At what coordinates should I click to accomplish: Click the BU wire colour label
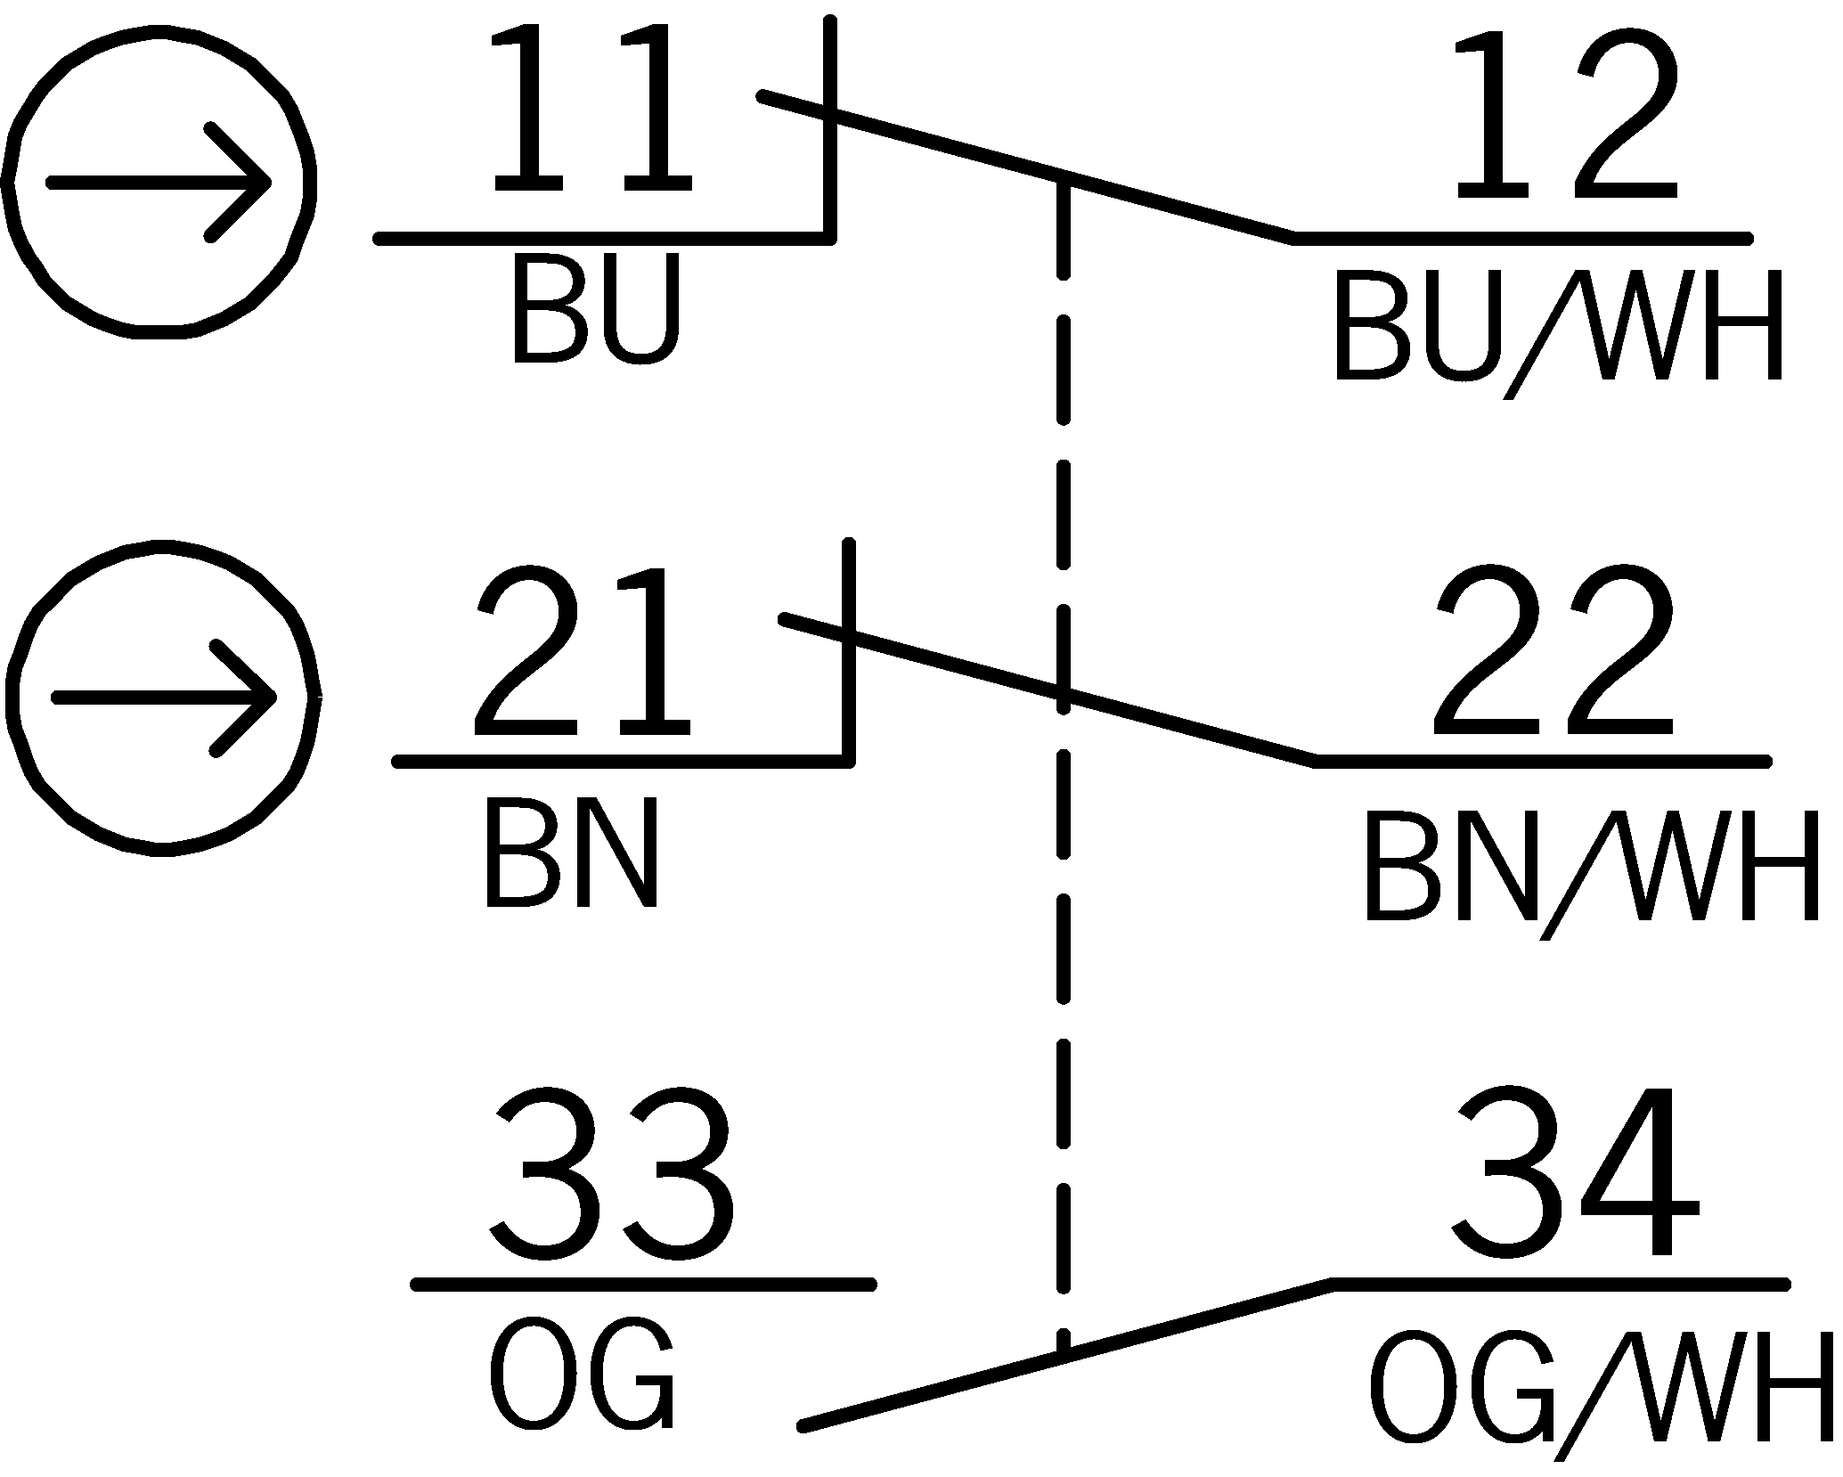pyautogui.click(x=595, y=311)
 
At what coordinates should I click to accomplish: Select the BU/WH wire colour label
pyautogui.click(x=1559, y=329)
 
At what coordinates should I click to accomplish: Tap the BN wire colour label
pyautogui.click(x=571, y=853)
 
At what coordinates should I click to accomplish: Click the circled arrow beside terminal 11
pyautogui.click(x=159, y=183)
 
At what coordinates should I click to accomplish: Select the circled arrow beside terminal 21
pyautogui.click(x=163, y=697)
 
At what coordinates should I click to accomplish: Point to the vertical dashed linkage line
pyautogui.click(x=1063, y=891)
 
